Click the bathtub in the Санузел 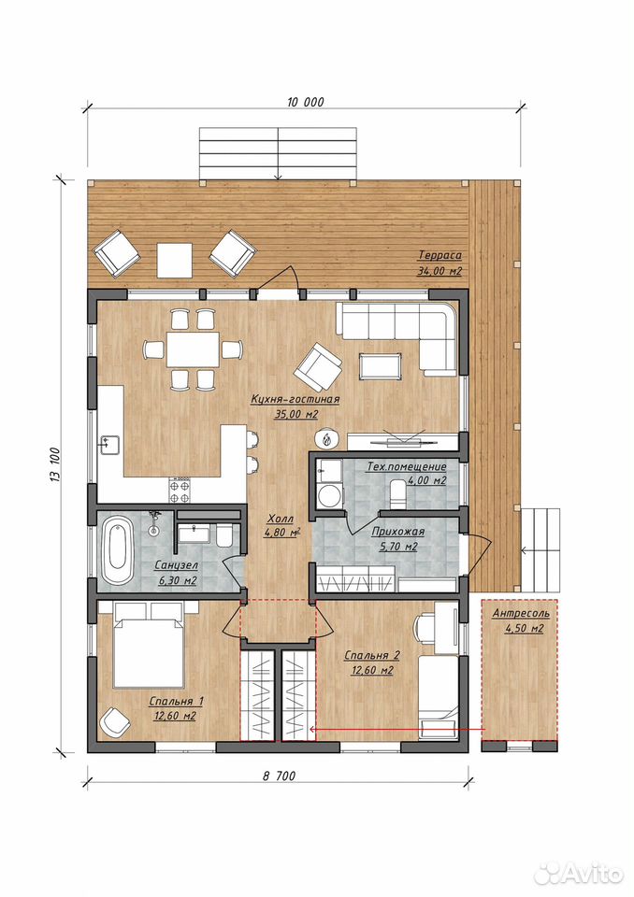click(119, 551)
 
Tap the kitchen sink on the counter click(110, 444)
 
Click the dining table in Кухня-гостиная click(193, 349)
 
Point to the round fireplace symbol click(327, 439)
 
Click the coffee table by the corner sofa click(381, 366)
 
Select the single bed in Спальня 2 click(439, 697)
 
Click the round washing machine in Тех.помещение click(329, 495)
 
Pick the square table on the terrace click(175, 260)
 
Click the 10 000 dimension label click(305, 102)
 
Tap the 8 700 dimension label click(279, 776)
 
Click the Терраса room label click(439, 255)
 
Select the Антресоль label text click(521, 613)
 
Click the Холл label click(280, 519)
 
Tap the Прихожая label click(398, 532)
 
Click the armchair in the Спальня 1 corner click(115, 722)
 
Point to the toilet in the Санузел click(224, 537)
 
